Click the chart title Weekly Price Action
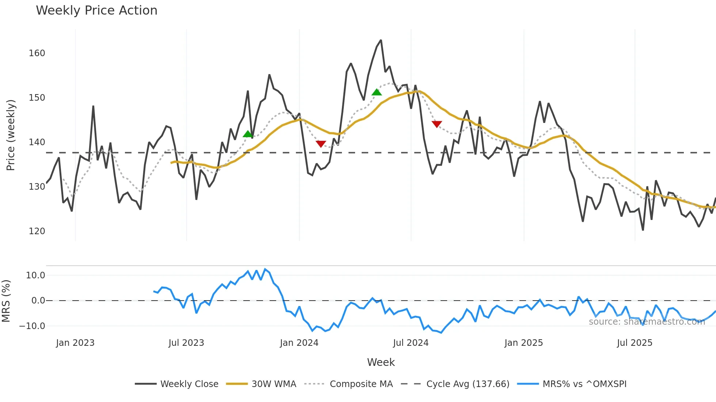pos(96,11)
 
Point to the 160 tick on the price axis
pos(37,53)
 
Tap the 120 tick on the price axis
pos(37,231)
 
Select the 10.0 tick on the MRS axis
pos(35,275)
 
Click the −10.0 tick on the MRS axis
pos(32,326)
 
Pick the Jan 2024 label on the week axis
pos(299,343)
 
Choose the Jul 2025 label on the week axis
pos(635,343)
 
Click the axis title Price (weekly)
pos(11,135)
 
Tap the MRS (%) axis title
pos(6,301)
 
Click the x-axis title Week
pos(381,362)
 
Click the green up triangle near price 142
pos(248,134)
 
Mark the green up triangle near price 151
pos(377,92)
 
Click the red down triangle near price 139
pos(321,144)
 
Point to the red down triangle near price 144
pos(437,124)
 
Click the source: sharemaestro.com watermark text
pos(647,322)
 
